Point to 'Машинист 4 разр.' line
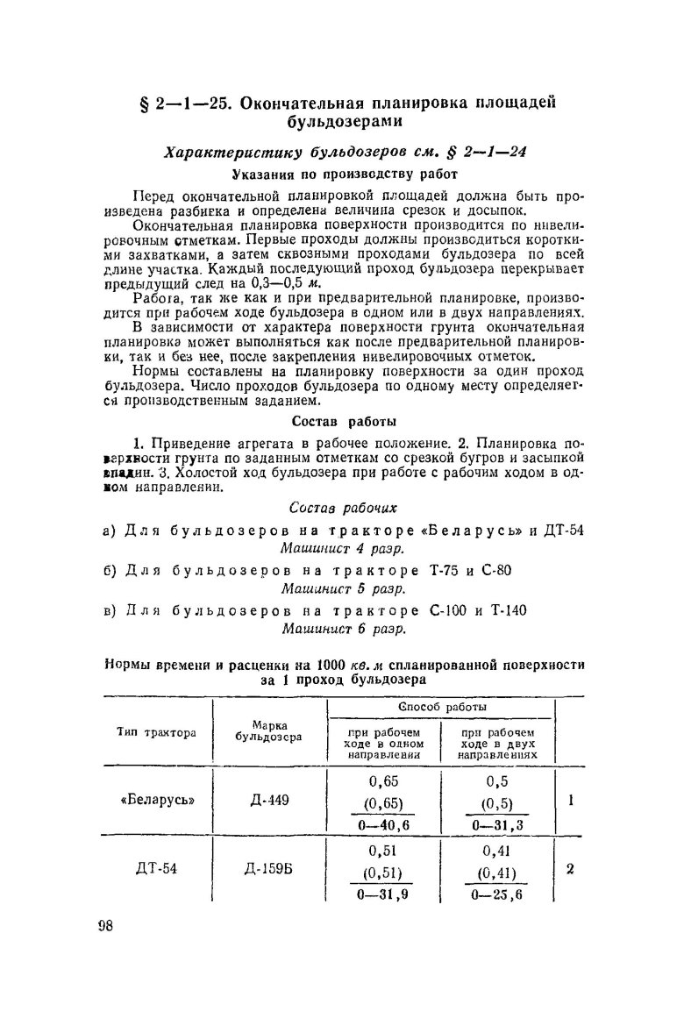[342, 549]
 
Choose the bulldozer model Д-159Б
[268, 871]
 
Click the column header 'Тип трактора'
[157, 731]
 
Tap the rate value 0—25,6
[496, 895]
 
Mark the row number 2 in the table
[570, 871]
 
